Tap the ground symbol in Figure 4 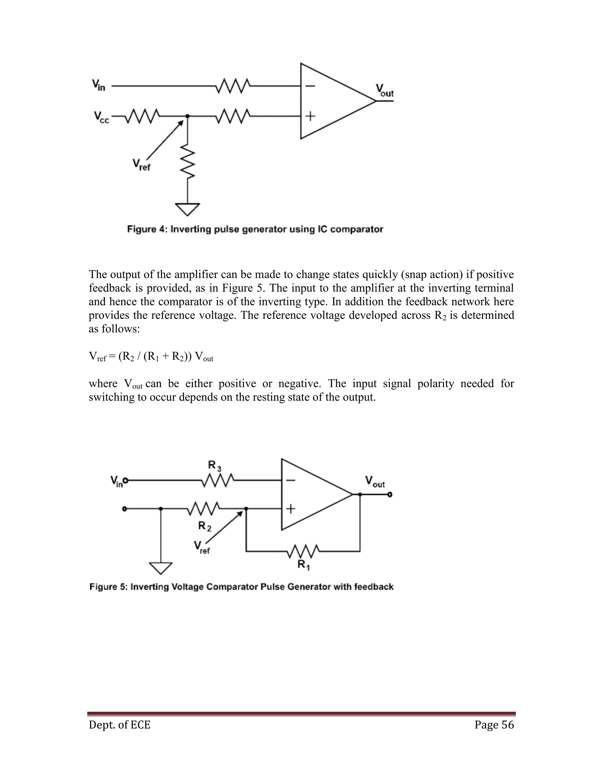coord(188,209)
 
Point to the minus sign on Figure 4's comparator coord(310,86)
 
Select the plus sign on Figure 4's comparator coord(310,116)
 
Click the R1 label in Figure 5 coord(303,565)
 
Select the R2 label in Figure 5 coord(205,526)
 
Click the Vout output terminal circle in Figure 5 coord(390,495)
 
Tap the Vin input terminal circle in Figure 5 coord(126,481)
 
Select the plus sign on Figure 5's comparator coord(291,509)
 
